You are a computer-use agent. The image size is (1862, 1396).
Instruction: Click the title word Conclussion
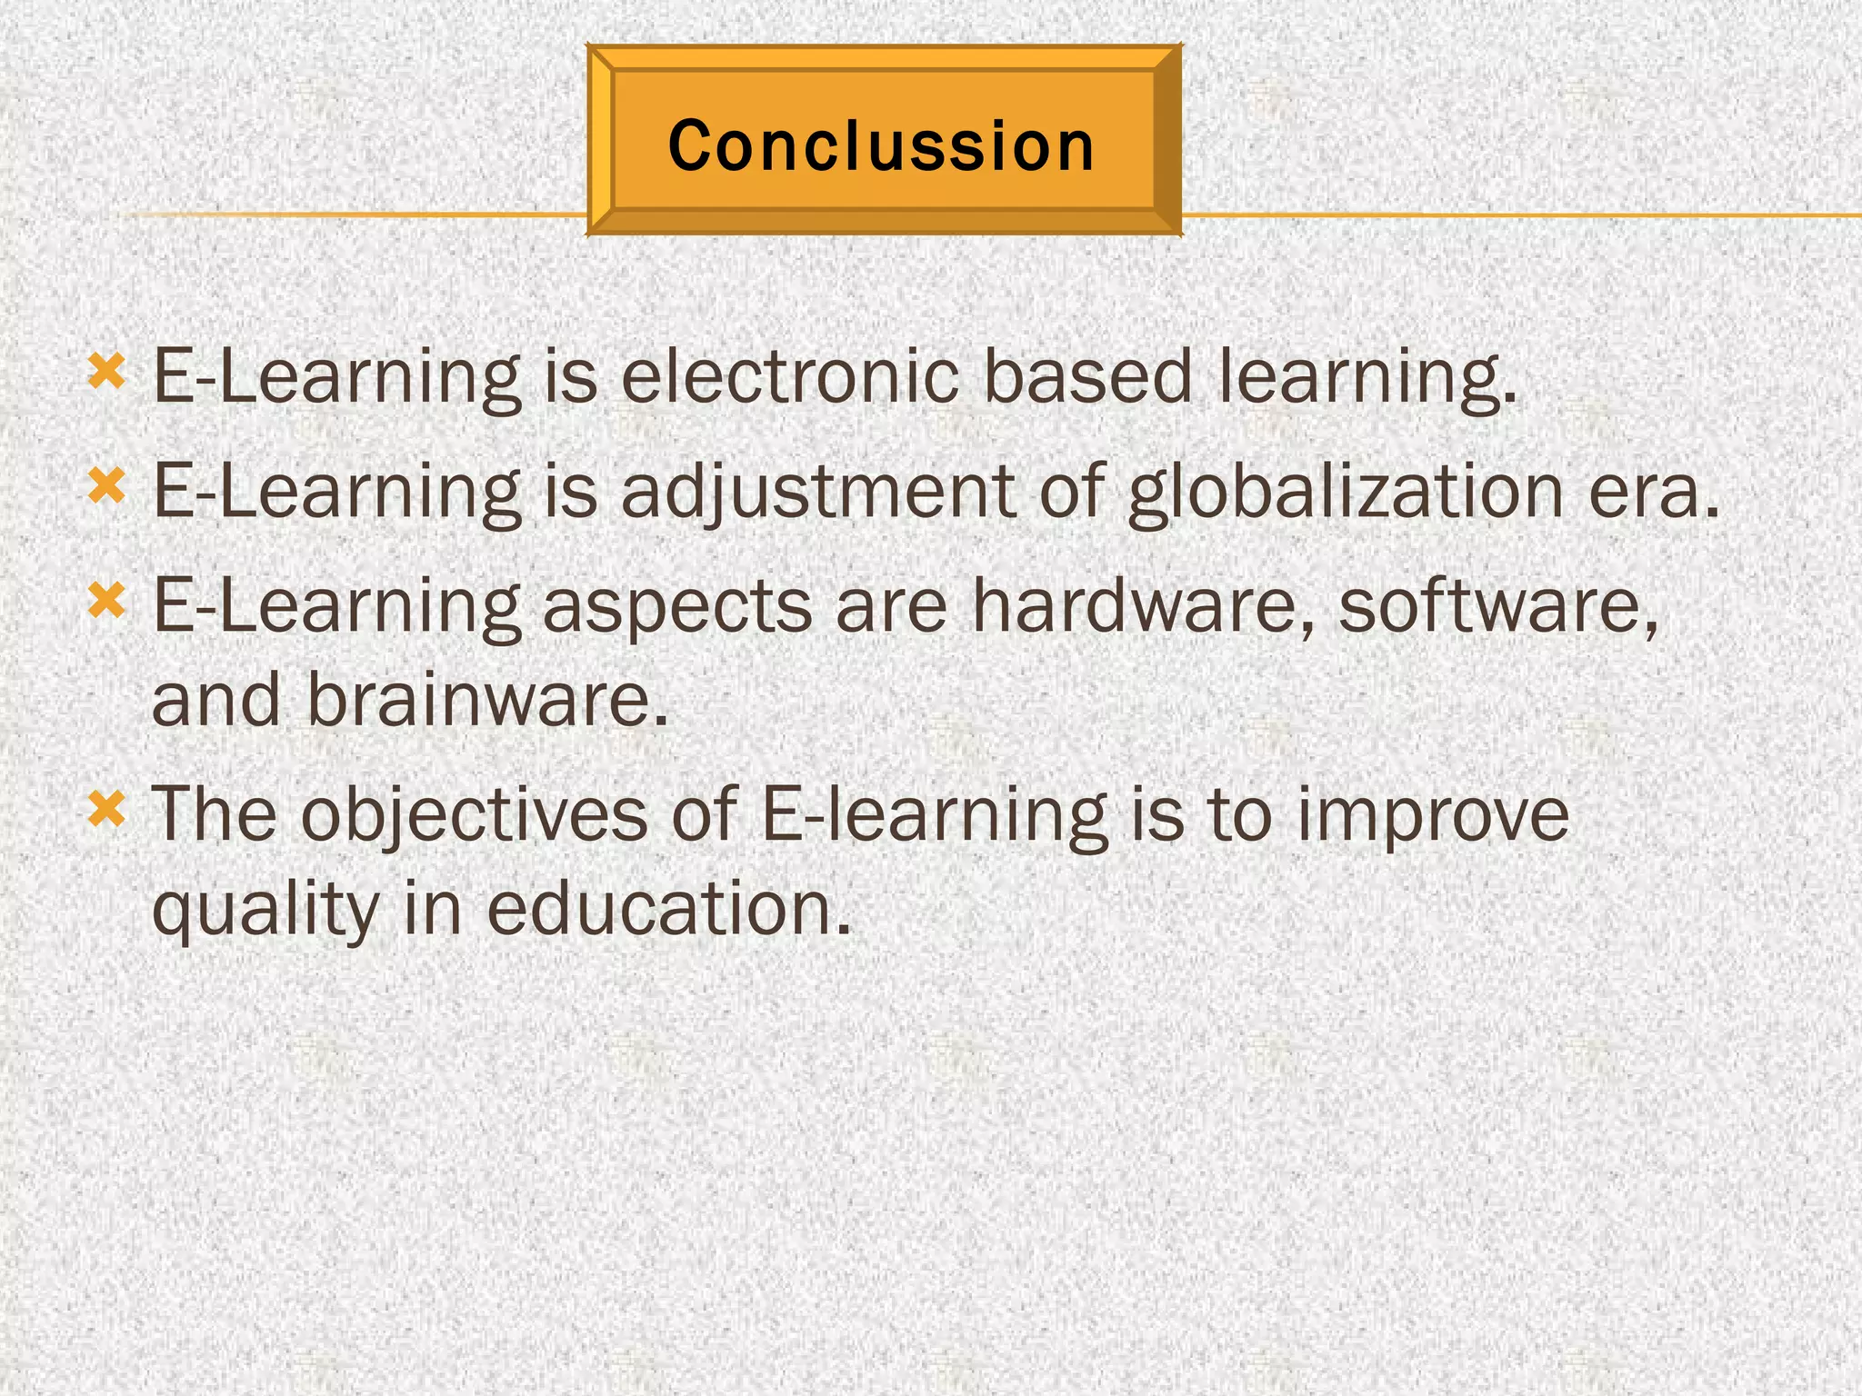[881, 145]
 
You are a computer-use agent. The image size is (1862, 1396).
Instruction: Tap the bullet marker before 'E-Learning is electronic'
[106, 372]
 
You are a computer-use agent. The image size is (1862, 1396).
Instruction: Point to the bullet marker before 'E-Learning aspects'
[106, 601]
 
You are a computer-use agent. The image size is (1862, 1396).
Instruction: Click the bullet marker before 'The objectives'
[106, 808]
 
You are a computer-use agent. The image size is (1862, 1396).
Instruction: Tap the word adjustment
[817, 492]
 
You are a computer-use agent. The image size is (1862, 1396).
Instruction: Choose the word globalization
[1345, 492]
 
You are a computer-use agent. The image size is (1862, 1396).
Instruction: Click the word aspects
[677, 607]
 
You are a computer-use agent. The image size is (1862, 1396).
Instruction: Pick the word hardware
[1143, 605]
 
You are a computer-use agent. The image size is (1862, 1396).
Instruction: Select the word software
[1497, 605]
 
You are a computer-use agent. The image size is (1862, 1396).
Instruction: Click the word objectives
[474, 815]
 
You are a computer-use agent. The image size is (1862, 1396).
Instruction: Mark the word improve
[1433, 815]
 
